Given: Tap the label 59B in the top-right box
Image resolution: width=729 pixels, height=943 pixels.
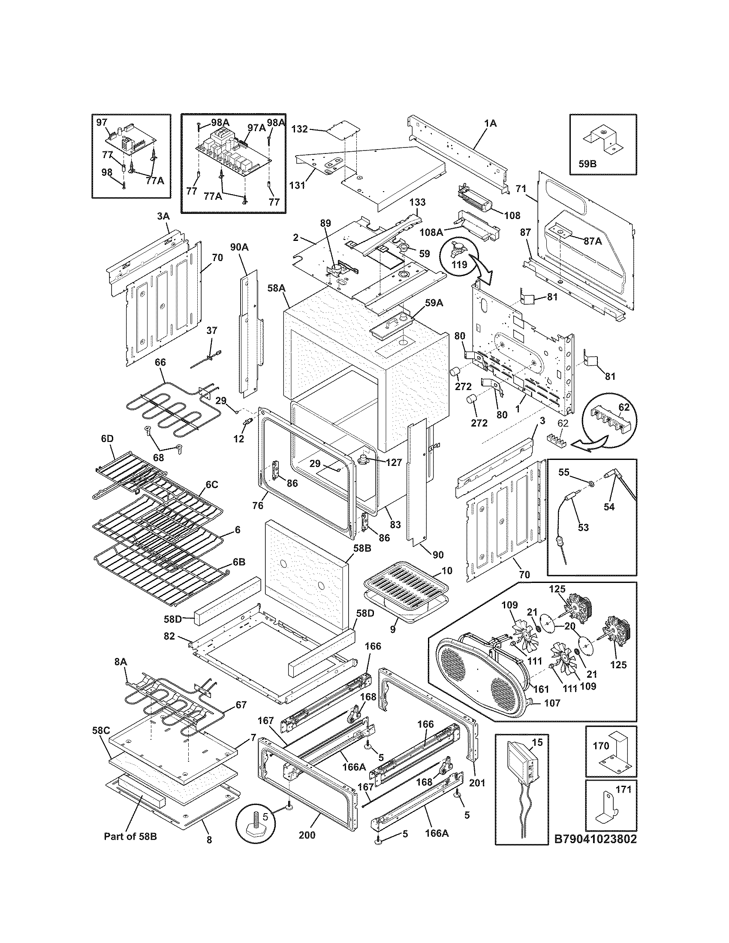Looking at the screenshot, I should [x=587, y=164].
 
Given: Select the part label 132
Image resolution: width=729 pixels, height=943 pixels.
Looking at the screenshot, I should [x=300, y=129].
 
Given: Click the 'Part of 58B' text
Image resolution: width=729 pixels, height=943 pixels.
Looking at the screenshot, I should [x=130, y=836].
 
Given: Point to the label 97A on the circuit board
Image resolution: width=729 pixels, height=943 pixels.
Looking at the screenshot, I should [x=256, y=127].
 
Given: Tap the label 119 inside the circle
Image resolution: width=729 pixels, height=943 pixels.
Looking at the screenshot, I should [x=460, y=264].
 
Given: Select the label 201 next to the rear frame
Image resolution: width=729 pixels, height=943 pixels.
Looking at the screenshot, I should [x=476, y=782].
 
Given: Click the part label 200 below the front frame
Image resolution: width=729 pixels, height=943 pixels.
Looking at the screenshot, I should [x=307, y=835].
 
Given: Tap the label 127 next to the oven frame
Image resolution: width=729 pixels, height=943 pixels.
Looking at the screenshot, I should [x=393, y=462].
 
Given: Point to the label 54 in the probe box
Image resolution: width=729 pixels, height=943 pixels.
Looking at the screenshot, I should [x=609, y=507].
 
